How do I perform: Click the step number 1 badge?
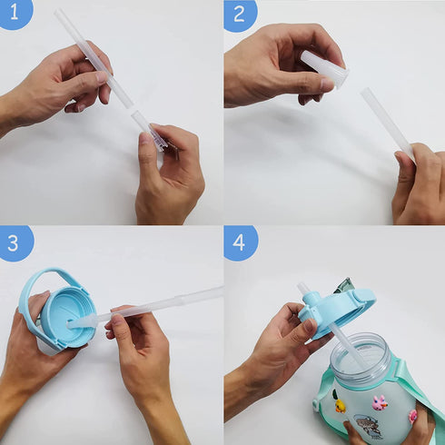[15, 13]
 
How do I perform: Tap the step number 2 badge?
[240, 14]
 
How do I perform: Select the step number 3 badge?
[15, 242]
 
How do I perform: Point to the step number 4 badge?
[240, 242]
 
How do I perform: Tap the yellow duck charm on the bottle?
[341, 406]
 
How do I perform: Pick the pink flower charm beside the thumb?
[412, 416]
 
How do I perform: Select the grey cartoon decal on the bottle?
[367, 426]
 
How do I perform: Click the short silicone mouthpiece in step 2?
[324, 68]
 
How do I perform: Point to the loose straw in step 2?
[387, 124]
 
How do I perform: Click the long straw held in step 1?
[94, 58]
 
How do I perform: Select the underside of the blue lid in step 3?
[69, 316]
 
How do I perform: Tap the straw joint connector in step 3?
[181, 299]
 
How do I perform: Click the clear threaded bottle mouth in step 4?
[361, 357]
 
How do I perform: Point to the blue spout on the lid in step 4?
[311, 299]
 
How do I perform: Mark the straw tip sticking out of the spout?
[302, 288]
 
